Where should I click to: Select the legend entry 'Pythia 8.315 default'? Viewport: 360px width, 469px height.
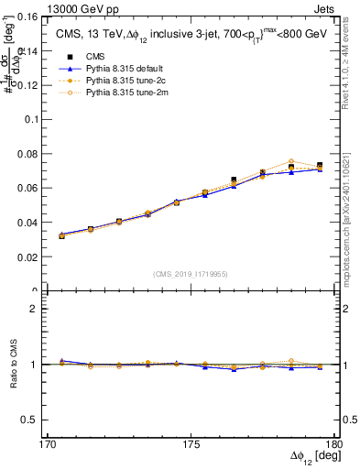[x=109, y=68]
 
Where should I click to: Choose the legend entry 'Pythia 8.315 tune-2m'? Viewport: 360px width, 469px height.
[x=111, y=92]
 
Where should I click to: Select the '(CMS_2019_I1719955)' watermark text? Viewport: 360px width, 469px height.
[x=191, y=273]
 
